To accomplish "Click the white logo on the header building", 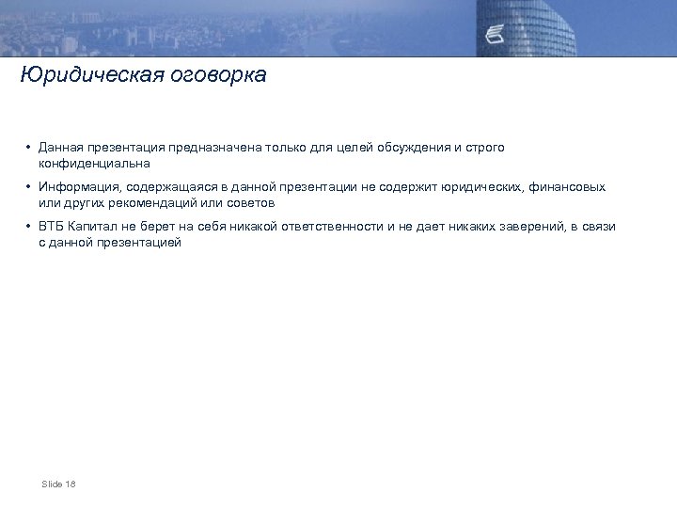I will tap(497, 36).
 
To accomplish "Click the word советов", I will tap(247, 202).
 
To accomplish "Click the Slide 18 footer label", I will tap(58, 484).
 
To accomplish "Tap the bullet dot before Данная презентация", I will tap(30, 148).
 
